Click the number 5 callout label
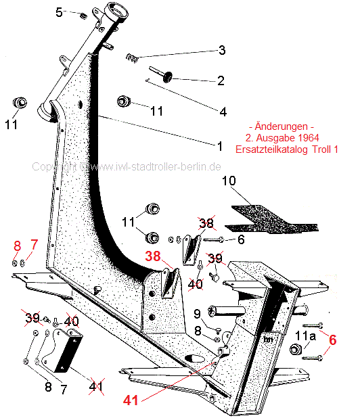click(59, 12)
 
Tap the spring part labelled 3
click(132, 58)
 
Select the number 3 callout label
click(222, 50)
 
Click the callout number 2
click(221, 80)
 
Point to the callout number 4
click(223, 112)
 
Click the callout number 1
click(220, 146)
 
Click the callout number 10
click(229, 181)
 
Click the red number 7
click(34, 245)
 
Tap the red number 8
click(18, 246)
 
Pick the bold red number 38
click(153, 256)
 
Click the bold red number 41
click(131, 400)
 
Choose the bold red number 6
click(332, 340)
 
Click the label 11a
click(305, 336)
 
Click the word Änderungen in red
click(281, 126)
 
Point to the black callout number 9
click(197, 314)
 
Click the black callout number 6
click(241, 239)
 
